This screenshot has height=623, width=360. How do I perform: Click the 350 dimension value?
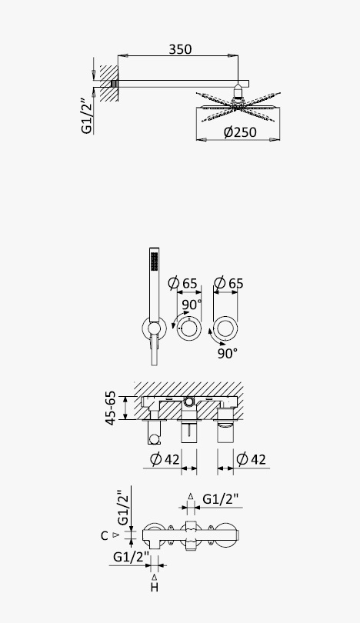[x=181, y=49]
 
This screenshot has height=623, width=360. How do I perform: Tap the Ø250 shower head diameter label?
[x=240, y=132]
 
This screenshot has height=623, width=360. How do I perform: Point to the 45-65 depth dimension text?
[x=111, y=408]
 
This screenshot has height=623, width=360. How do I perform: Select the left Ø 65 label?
[x=182, y=283]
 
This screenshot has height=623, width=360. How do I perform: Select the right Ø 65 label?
[x=228, y=283]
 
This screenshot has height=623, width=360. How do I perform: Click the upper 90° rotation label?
[x=192, y=305]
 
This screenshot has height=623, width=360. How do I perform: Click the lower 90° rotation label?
[x=227, y=353]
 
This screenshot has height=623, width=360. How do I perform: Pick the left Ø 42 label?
[x=165, y=459]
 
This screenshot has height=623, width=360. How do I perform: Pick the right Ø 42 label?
[x=251, y=459]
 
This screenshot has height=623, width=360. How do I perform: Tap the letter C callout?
[x=104, y=536]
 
